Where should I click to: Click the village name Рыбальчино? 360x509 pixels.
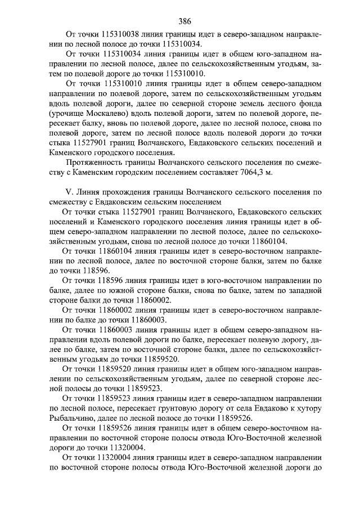(x=73, y=418)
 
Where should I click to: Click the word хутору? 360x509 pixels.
(x=307, y=408)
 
